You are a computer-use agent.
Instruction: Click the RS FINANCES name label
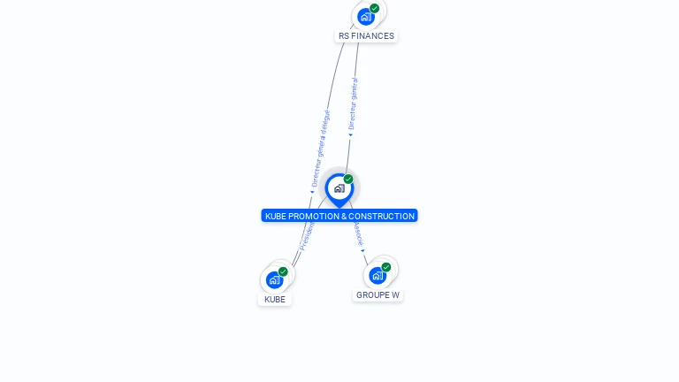click(366, 36)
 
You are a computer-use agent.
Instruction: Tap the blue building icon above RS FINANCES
click(365, 17)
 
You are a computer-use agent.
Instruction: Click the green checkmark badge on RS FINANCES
click(375, 8)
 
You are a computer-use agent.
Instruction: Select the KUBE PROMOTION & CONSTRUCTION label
click(339, 216)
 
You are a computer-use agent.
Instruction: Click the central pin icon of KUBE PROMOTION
click(339, 188)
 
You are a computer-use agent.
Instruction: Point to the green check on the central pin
click(348, 180)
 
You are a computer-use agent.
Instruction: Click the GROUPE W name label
click(378, 295)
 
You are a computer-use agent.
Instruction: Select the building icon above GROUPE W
click(377, 275)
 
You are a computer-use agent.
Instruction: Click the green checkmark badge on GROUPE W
click(386, 267)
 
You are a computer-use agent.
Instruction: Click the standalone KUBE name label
click(275, 300)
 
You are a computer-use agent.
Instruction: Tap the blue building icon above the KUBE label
click(274, 280)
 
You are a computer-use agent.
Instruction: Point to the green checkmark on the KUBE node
click(283, 271)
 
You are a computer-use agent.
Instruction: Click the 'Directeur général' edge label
click(353, 104)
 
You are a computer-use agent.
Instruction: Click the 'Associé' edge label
click(358, 234)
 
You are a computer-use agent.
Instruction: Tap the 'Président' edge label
click(307, 236)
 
